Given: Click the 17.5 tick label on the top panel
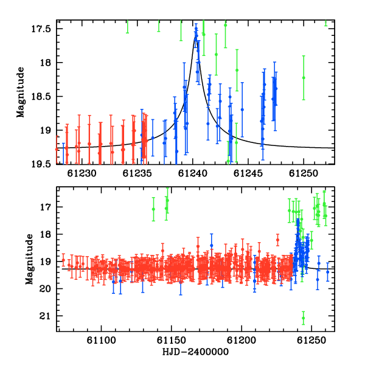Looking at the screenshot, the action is point(41,29).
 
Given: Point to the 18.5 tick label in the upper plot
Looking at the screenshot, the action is point(41,97).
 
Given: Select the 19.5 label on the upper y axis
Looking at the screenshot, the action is point(41,164).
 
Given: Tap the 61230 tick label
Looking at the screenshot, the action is point(82,173).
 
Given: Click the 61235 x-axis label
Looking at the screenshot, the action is point(137,173).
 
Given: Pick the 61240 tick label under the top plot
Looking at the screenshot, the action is point(193,173).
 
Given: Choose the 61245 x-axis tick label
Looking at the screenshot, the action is point(248,173).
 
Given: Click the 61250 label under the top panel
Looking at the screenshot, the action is point(304,173).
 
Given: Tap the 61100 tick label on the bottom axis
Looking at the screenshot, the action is point(101,340).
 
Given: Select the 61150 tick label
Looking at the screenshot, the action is point(172,340).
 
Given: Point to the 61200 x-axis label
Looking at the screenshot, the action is point(242,340).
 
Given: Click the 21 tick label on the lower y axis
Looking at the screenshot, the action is point(46,316).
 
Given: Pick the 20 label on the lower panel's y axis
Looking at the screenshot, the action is point(46,289).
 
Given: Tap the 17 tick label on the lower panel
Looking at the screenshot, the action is point(46,207).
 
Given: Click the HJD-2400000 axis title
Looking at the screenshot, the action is point(195,352).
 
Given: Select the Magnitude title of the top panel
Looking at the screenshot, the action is point(21,92).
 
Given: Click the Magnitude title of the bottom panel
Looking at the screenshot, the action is point(29,259).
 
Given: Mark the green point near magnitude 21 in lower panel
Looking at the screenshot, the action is point(304,318).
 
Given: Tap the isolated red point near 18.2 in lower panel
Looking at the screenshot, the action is point(277,240).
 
